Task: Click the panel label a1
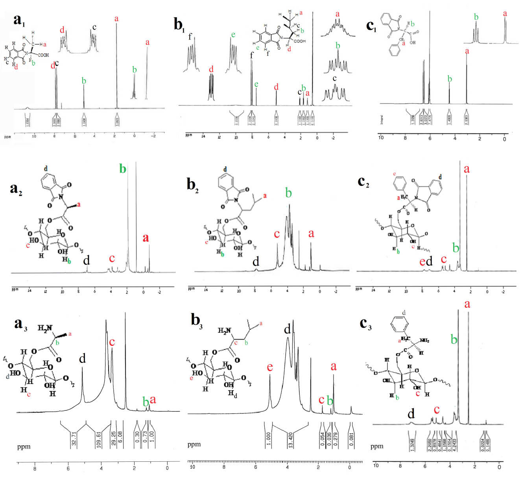click(19, 21)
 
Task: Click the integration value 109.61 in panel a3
click(99, 437)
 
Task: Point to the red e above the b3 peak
click(270, 367)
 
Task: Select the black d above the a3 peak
click(82, 359)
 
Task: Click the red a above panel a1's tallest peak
click(116, 18)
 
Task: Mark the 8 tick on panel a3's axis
click(35, 468)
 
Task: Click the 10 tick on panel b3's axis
click(192, 467)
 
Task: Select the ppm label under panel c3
click(377, 446)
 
